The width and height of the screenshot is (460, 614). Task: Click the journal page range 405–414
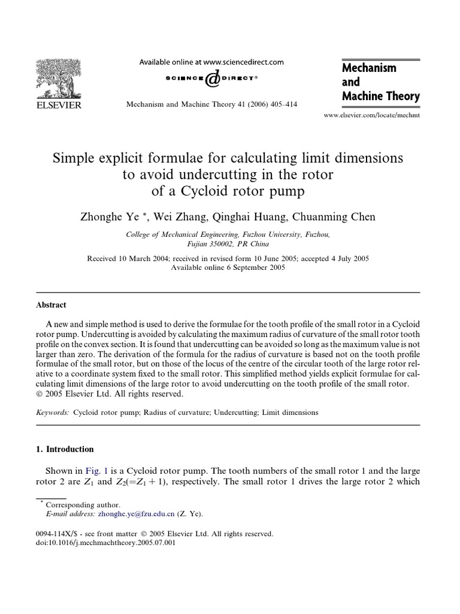tap(281, 103)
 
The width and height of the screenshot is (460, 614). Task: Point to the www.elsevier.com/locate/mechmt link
tap(380, 114)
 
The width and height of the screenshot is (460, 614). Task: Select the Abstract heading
tap(52, 305)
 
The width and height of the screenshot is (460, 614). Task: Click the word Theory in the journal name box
tap(401, 96)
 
